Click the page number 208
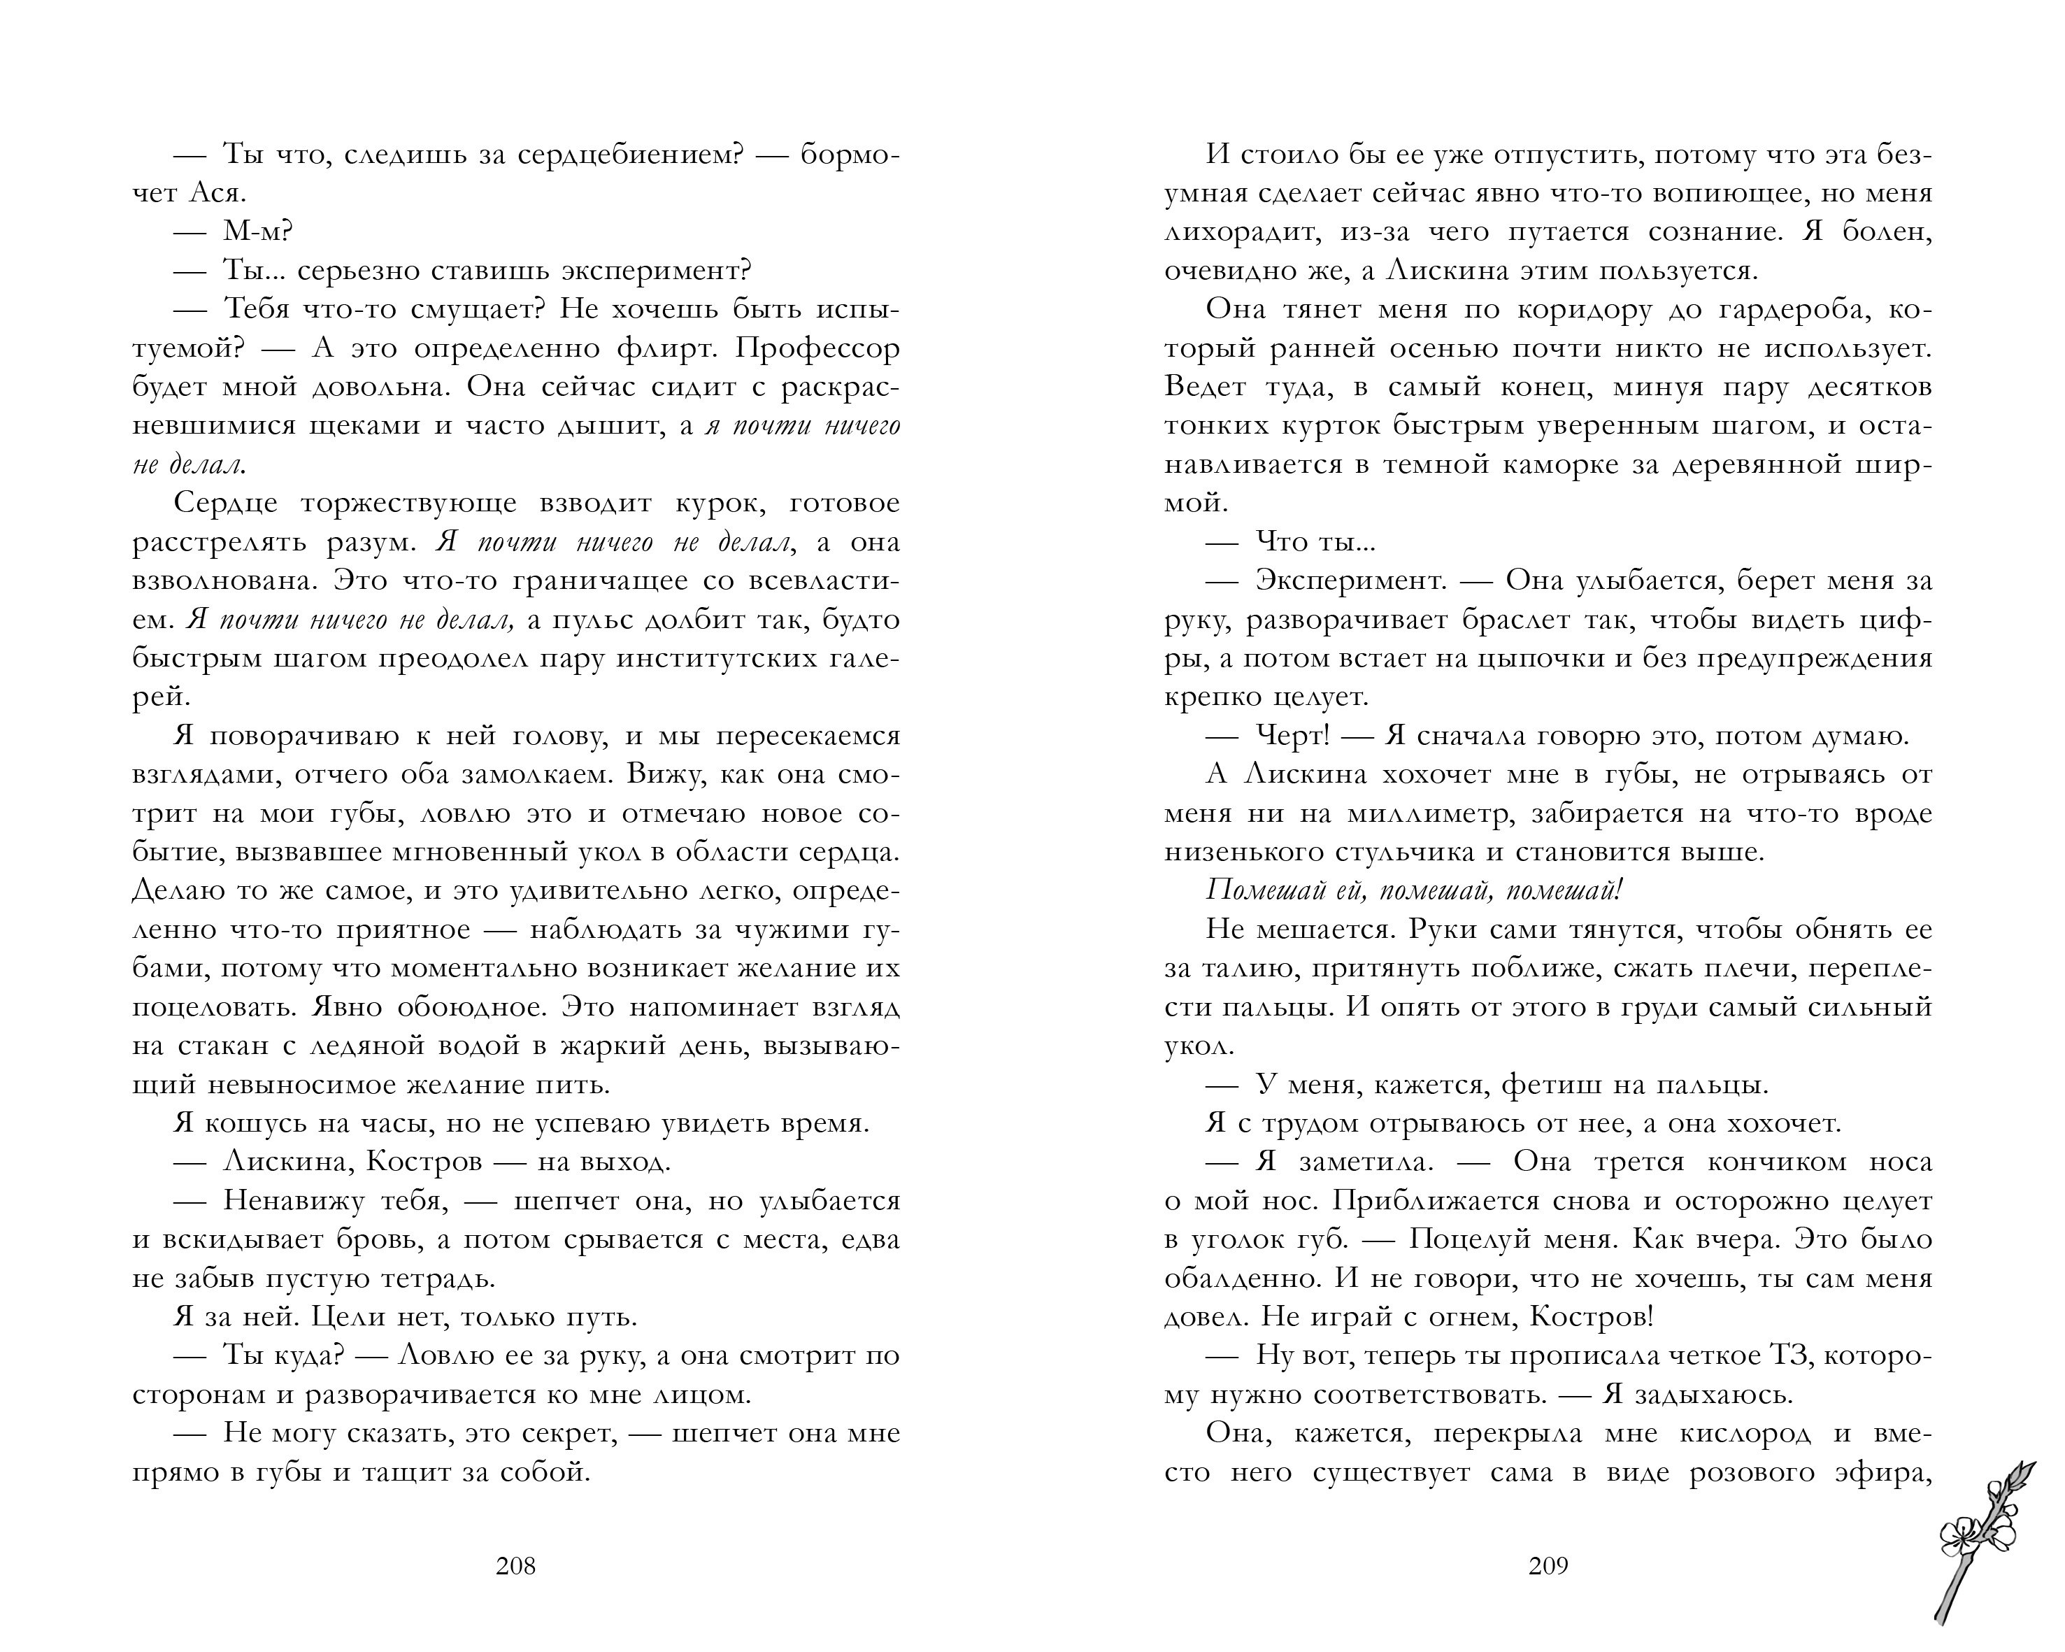tap(515, 1566)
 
